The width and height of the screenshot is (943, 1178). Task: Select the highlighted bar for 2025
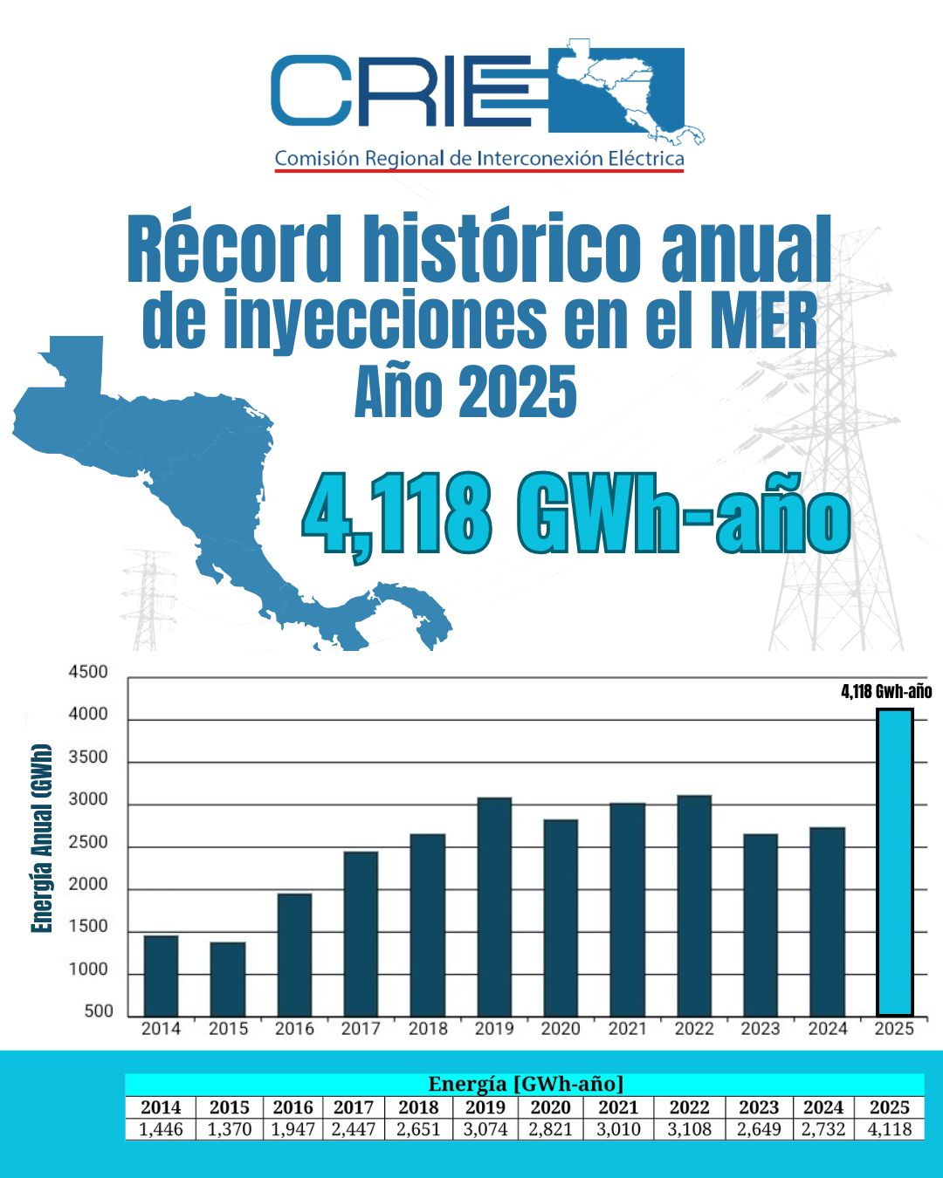coord(895,862)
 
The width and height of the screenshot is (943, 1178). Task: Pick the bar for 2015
coord(228,978)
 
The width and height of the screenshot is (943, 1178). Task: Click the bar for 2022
coord(694,905)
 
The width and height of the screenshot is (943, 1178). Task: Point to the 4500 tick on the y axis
coord(88,672)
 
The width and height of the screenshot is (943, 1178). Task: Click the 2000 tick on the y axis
coord(88,884)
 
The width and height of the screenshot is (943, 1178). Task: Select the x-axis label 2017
coord(361,1029)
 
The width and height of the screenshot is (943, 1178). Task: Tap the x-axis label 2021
coord(627,1029)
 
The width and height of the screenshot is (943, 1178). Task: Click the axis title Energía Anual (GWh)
coord(41,838)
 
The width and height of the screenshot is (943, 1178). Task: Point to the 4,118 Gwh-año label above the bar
coord(886,692)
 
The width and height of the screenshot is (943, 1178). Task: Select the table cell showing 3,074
coord(485,1129)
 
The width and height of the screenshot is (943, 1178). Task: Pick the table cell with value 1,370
coord(229,1129)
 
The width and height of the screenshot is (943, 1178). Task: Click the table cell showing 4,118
coord(889,1129)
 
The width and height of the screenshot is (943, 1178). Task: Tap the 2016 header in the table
coord(293,1107)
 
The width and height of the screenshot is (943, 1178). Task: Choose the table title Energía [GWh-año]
coord(526,1084)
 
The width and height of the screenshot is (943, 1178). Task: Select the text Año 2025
coord(465,392)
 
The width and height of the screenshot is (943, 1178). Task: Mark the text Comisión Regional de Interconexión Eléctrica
coord(479,159)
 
